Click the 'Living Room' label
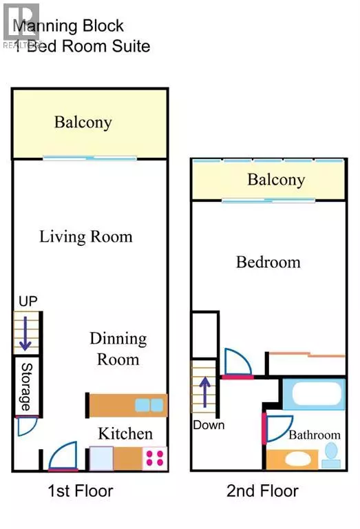[85, 237]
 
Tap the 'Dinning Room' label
[118, 349]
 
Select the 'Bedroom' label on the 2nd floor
[268, 262]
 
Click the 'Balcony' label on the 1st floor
[83, 123]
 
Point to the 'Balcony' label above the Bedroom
[275, 180]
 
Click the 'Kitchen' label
[125, 434]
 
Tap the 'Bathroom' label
[314, 435]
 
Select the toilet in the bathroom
[332, 453]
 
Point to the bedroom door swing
[237, 363]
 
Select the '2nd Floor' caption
[262, 491]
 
